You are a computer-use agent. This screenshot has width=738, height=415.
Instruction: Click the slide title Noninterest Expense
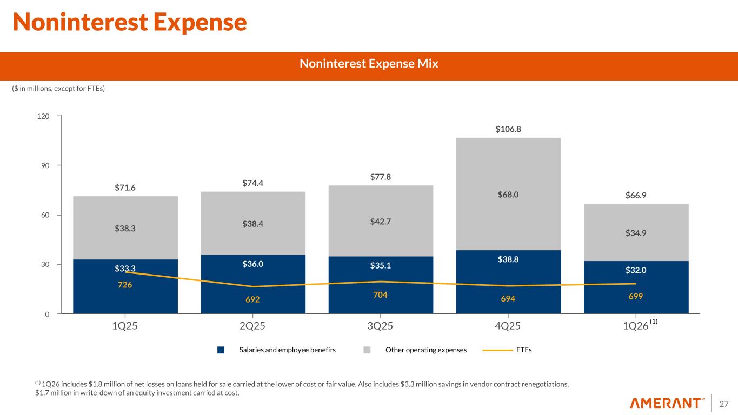(x=130, y=22)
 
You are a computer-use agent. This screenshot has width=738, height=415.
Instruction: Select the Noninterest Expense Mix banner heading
(x=369, y=64)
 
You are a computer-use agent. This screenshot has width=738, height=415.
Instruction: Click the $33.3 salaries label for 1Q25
(x=125, y=268)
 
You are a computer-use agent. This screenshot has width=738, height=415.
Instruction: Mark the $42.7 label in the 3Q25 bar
(x=381, y=221)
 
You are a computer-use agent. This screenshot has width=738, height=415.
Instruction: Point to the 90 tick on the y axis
(x=46, y=165)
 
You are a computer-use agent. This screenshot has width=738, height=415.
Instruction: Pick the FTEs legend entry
(x=523, y=350)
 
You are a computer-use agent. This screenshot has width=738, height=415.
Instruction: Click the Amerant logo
(x=668, y=403)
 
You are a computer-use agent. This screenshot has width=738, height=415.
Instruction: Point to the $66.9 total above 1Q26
(x=636, y=195)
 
